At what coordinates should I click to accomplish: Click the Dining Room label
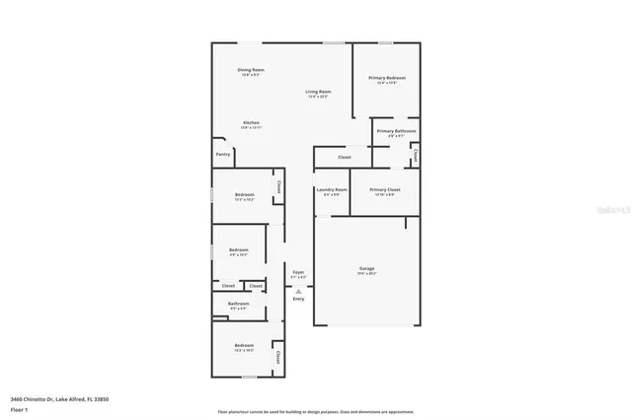pos(250,70)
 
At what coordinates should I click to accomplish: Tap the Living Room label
pos(317,92)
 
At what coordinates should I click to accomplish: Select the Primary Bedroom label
pos(387,78)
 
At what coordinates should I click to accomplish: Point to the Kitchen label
pos(251,123)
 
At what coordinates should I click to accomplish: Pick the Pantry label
pos(223,154)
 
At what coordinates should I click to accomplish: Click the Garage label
pos(366,269)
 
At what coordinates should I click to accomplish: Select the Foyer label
pos(297,272)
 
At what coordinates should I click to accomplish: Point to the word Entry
pos(298,299)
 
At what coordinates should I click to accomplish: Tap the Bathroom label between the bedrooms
pos(238,304)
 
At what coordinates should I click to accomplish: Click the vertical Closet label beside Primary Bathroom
pos(415,155)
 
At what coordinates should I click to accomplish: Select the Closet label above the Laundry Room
pos(344,157)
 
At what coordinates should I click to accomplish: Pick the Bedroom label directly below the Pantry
pos(244,195)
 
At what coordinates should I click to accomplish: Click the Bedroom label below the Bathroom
pos(243,345)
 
